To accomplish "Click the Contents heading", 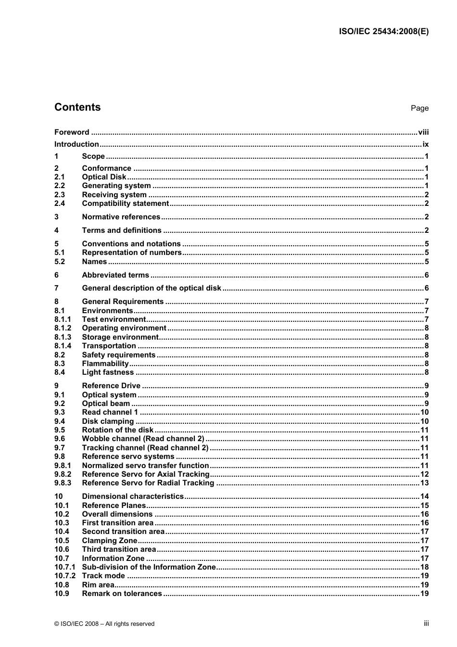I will pyautogui.click(x=77, y=107).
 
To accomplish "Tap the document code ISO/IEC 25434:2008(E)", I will pyautogui.click(x=383, y=32).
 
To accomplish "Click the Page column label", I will pyautogui.click(x=419, y=108).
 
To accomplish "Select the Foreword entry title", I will pyautogui.click(x=72, y=132).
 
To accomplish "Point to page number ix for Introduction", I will pyautogui.click(x=425, y=144).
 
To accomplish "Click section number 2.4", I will pyautogui.click(x=60, y=203).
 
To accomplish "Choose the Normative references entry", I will pyautogui.click(x=121, y=217).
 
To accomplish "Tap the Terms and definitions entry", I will pyautogui.click(x=122, y=230).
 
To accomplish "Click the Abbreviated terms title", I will pyautogui.click(x=115, y=275).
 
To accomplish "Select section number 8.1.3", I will pyautogui.click(x=63, y=337).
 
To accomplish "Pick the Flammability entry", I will pyautogui.click(x=105, y=364).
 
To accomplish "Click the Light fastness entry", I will pyautogui.click(x=108, y=372).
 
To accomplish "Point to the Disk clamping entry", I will pyautogui.click(x=108, y=421).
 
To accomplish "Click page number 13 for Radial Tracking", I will pyautogui.click(x=424, y=483).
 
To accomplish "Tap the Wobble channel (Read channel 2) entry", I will pyautogui.click(x=143, y=439).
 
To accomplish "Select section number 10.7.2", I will pyautogui.click(x=65, y=576).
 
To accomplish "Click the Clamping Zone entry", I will pyautogui.click(x=110, y=541).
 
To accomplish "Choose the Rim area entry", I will pyautogui.click(x=98, y=585).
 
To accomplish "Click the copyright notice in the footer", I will pyautogui.click(x=104, y=624).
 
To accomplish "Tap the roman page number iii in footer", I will pyautogui.click(x=426, y=623).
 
